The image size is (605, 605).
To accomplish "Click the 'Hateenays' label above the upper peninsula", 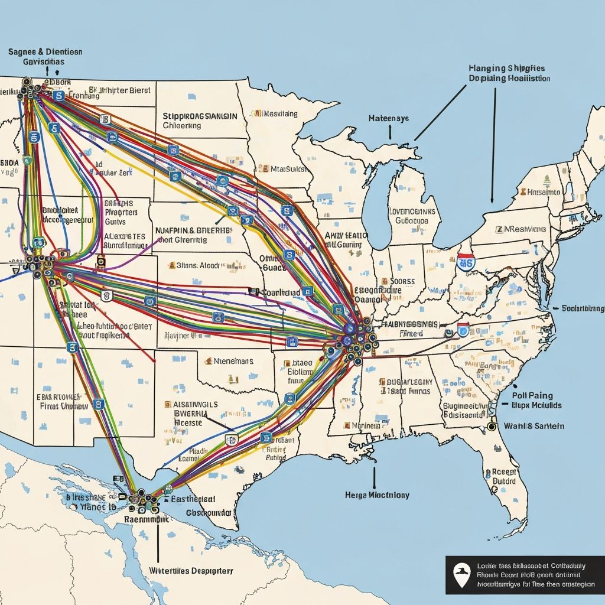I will pos(388,118).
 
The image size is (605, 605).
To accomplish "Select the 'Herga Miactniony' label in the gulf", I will pos(377,495).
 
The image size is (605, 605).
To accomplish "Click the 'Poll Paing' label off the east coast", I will pos(532,395).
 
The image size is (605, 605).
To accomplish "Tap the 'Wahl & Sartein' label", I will pos(534,425).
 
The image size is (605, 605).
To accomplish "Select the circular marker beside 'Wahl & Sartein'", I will pos(491,426).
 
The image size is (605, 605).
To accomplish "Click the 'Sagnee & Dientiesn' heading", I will pos(45,52).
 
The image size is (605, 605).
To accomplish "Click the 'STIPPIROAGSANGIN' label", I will pos(200,116).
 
